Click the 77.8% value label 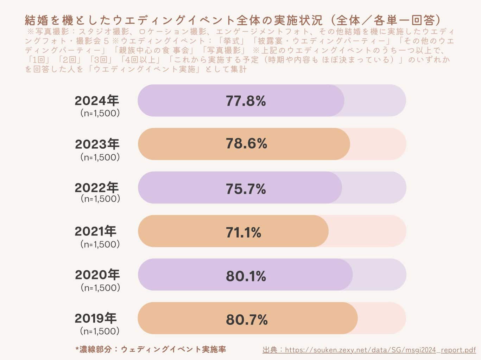(x=246, y=101)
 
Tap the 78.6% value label (x=246, y=144)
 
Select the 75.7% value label (x=246, y=189)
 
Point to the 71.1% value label (x=243, y=232)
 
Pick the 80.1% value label (x=246, y=276)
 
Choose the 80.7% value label (x=247, y=320)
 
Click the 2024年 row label (x=97, y=101)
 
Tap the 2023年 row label (x=97, y=144)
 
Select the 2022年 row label (x=97, y=188)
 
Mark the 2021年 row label (x=95, y=231)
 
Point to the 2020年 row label (x=97, y=275)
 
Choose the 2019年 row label (x=95, y=318)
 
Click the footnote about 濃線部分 (x=151, y=349)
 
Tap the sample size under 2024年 (x=100, y=113)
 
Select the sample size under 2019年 (x=100, y=331)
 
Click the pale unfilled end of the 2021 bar (x=368, y=231)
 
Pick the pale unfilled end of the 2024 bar (x=375, y=101)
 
